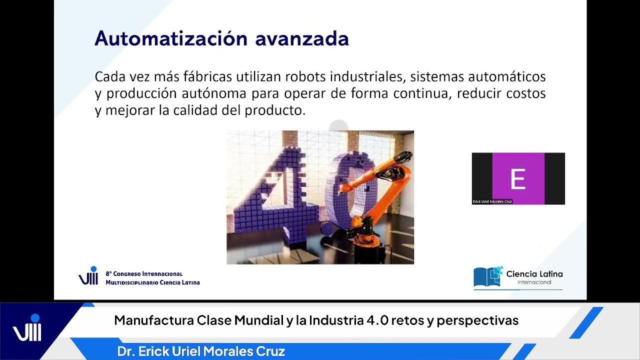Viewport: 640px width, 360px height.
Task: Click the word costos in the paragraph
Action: [525, 93]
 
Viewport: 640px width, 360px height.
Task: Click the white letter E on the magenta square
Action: [518, 179]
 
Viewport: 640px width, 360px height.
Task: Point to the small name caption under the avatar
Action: [492, 201]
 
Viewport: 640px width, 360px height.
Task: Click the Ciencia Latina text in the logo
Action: [534, 274]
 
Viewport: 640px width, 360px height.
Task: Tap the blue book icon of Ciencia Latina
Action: [488, 277]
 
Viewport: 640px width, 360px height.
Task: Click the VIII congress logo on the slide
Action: [88, 276]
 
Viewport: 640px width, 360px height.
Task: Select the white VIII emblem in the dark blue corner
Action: [27, 330]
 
